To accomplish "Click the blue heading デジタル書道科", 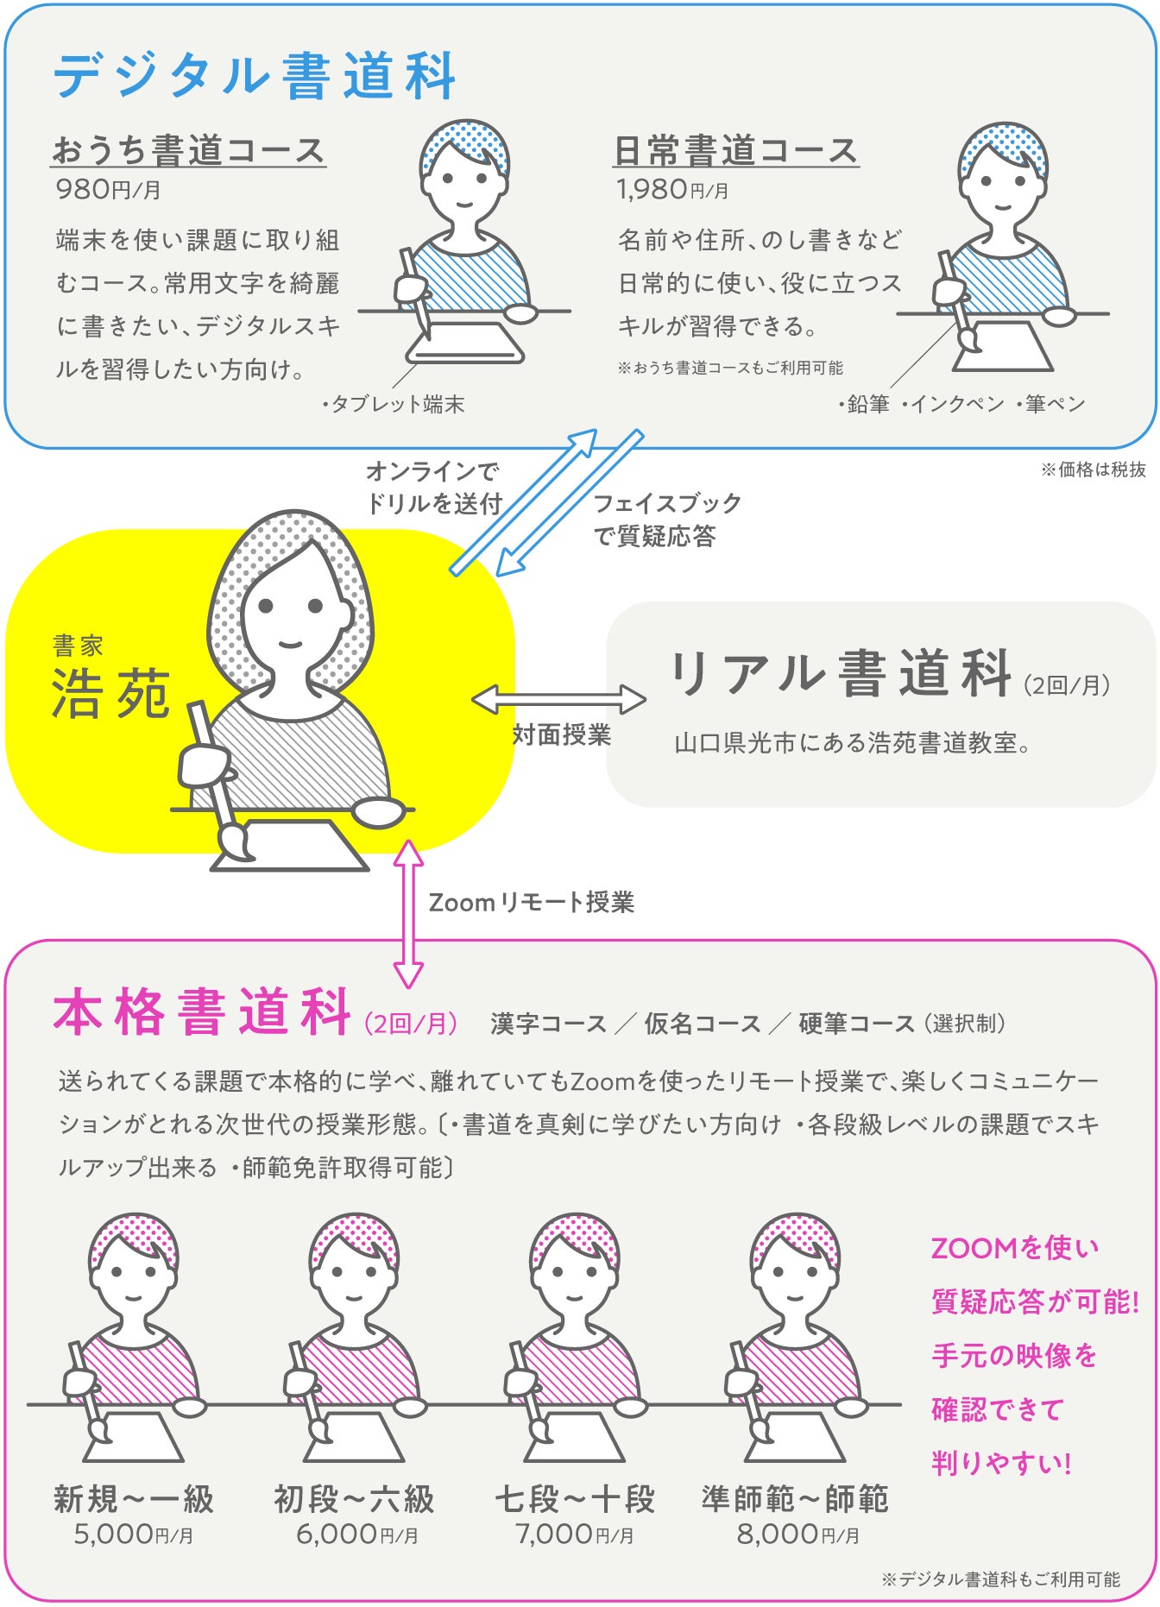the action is (x=255, y=76).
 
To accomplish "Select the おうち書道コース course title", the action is (x=188, y=150).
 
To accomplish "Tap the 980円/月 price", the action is (x=108, y=189).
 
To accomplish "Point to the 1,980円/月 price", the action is (x=672, y=189).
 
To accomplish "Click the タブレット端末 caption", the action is (x=394, y=404).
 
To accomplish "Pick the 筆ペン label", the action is (x=1050, y=404).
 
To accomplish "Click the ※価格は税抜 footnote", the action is (x=1094, y=469).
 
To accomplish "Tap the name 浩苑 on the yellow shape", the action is (x=110, y=694).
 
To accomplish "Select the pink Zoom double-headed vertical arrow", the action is (x=408, y=914).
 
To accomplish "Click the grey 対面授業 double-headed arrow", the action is (x=558, y=700).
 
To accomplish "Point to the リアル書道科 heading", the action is (x=841, y=674).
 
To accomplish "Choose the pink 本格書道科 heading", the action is (x=202, y=1011).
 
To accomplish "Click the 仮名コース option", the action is (x=703, y=1024).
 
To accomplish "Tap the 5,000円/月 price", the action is (x=133, y=1534).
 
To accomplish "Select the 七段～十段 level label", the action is (x=575, y=1499).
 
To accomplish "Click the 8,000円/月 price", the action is (x=797, y=1534).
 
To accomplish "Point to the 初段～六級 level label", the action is (x=354, y=1499).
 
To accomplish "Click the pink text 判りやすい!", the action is (x=1001, y=1464).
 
